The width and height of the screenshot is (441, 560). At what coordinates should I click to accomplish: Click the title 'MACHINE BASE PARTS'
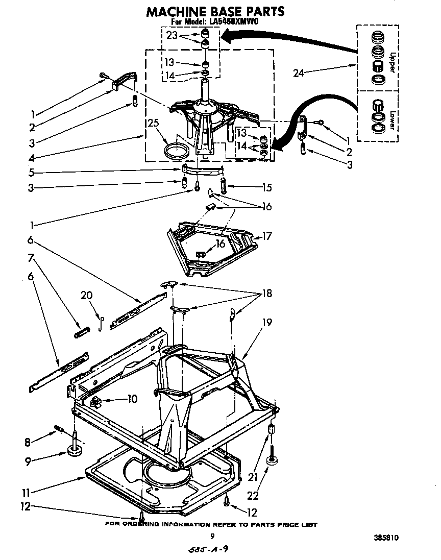[215, 11]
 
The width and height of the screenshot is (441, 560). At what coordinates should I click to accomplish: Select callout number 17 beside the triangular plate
[267, 236]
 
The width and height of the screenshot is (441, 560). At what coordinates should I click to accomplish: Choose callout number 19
[266, 322]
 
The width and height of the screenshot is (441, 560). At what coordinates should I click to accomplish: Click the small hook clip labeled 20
[102, 322]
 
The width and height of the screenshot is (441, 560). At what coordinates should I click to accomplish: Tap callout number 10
[132, 399]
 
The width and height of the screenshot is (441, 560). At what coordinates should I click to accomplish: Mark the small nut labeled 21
[272, 428]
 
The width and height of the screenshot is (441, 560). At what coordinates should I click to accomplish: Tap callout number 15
[266, 187]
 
